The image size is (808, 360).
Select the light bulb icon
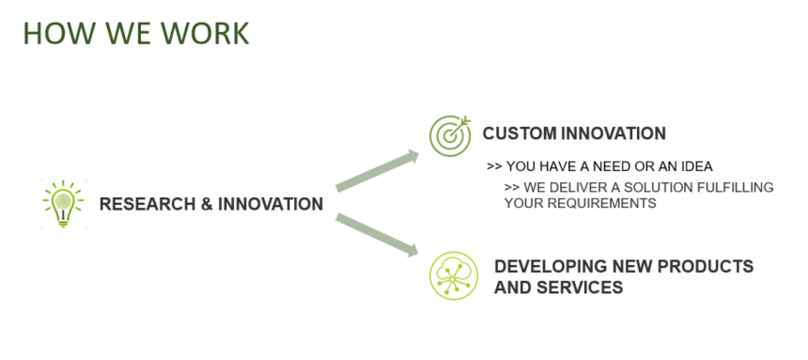tap(63, 204)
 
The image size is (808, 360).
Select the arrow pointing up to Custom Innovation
tap(377, 171)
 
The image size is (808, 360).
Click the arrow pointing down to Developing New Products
tap(377, 235)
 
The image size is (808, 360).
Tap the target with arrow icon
tap(450, 135)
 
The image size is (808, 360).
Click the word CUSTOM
tap(520, 133)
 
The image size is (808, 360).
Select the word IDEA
tap(698, 166)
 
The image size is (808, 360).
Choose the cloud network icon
tap(454, 275)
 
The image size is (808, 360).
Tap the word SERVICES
tap(581, 288)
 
